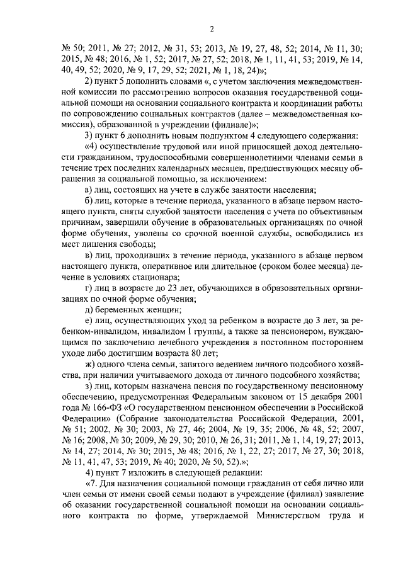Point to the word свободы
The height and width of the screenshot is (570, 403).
click(137, 244)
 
